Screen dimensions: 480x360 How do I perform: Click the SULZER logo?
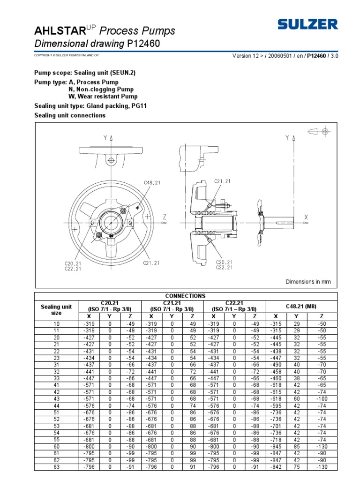pyautogui.click(x=307, y=24)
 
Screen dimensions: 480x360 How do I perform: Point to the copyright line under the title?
pyautogui.click(x=66, y=55)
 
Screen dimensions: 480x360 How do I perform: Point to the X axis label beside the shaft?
pyautogui.click(x=306, y=217)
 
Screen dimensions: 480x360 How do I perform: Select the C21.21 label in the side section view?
pyautogui.click(x=223, y=181)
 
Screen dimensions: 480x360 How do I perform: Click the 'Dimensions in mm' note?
pyautogui.click(x=308, y=282)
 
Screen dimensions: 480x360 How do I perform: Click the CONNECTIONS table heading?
pyautogui.click(x=186, y=296)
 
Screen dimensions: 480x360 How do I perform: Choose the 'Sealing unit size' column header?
pyautogui.click(x=56, y=309)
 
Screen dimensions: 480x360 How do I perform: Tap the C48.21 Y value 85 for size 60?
pyautogui.click(x=296, y=447)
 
